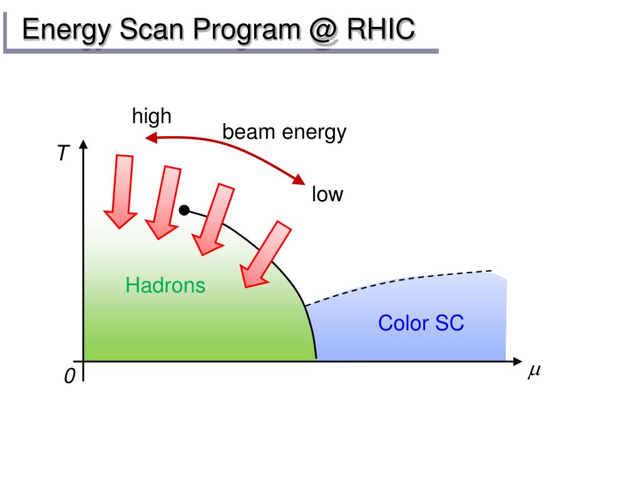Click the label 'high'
[151, 116]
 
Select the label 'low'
[328, 195]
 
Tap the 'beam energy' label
[284, 132]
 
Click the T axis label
[62, 153]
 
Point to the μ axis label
[533, 371]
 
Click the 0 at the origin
[69, 376]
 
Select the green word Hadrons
[165, 286]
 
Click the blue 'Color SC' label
[421, 323]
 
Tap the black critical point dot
[184, 210]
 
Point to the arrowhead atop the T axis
[83, 146]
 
